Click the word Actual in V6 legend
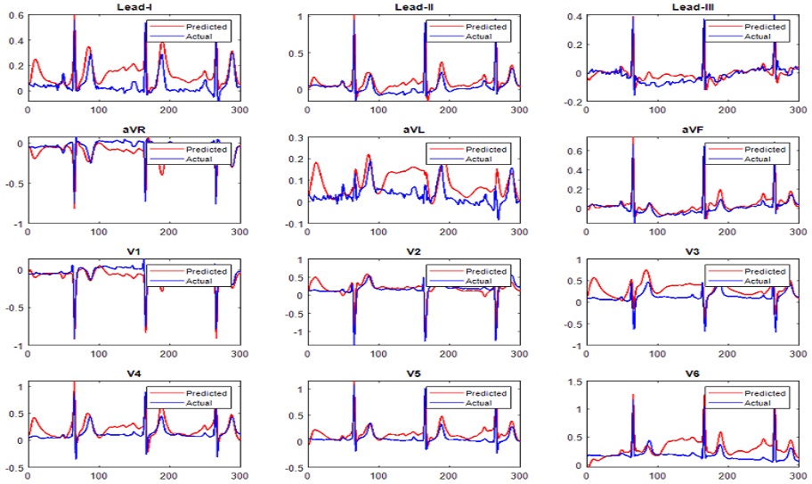(x=758, y=403)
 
